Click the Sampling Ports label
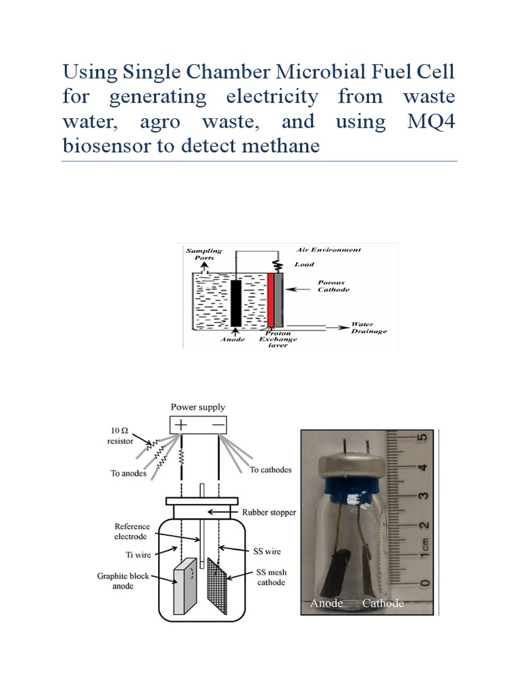coord(203,255)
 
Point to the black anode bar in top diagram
coord(235,302)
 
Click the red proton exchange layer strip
coord(271,300)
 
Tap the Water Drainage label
coord(368,328)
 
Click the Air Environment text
coord(328,250)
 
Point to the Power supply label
coord(198,407)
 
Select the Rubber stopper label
coord(269,513)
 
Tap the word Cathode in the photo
coord(383,603)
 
